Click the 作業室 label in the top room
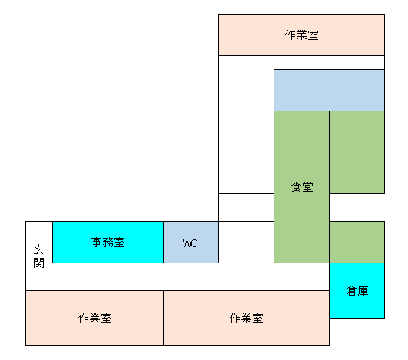[301, 35]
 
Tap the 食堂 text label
[301, 187]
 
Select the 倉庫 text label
[357, 291]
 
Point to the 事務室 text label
[108, 243]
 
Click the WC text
[191, 243]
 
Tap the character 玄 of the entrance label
[39, 249]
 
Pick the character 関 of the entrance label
[39, 263]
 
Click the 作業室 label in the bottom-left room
[95, 319]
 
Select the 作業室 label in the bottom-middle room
[247, 319]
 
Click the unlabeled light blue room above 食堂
[329, 90]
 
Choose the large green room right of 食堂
[357, 152]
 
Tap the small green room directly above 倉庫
[357, 242]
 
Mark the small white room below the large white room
[246, 207]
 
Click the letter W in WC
[187, 243]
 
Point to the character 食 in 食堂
[296, 187]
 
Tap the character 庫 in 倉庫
[362, 291]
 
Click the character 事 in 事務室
[98, 243]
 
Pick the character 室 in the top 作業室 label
[313, 35]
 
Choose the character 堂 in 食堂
[307, 187]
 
